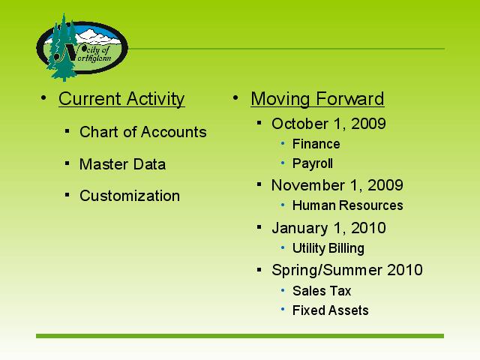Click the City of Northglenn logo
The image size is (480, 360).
point(82,47)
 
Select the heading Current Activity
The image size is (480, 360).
point(121,98)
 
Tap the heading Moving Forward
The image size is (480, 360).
point(317,98)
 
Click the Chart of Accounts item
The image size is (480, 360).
point(143,132)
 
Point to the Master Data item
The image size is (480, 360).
point(122,164)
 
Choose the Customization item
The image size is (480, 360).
point(130,196)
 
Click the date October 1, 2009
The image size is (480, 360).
point(328,124)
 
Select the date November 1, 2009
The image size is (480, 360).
point(337,185)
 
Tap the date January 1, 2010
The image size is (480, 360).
point(328,228)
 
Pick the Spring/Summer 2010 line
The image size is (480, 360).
point(347,270)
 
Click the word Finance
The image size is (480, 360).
point(316,144)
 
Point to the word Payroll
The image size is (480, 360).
point(312,163)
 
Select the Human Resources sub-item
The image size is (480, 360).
point(347,205)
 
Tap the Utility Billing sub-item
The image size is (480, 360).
point(328,248)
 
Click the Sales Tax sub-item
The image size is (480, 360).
point(322,291)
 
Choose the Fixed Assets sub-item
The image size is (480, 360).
point(330,310)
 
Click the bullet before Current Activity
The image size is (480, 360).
point(43,98)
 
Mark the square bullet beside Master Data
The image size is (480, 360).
point(67,163)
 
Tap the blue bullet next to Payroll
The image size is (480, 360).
point(283,163)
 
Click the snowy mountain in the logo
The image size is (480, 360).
point(97,36)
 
